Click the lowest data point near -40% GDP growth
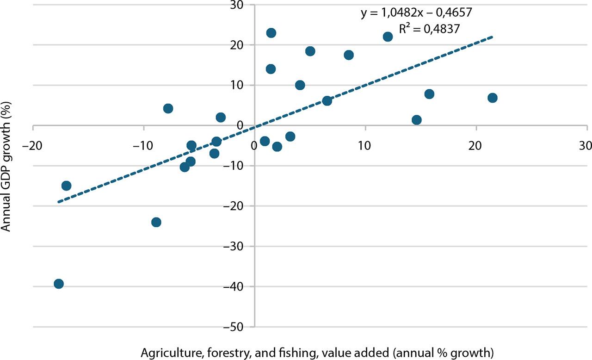[59, 284]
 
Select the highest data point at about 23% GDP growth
[271, 33]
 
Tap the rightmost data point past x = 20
[492, 98]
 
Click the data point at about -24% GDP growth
[156, 222]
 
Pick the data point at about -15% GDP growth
[66, 186]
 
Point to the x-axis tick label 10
[365, 146]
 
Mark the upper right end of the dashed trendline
[493, 37]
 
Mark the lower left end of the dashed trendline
[58, 202]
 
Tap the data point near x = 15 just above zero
[416, 120]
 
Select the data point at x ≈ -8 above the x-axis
[168, 108]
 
